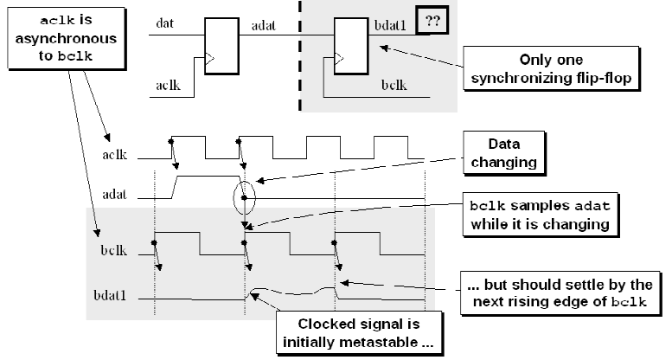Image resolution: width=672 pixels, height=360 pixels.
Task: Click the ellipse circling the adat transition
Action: (245, 196)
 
